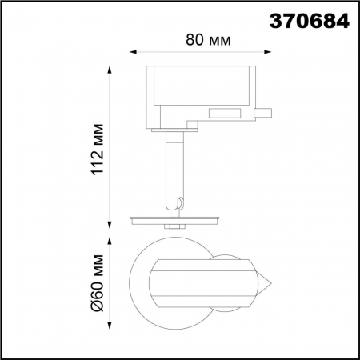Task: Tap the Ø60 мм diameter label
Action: click(98, 283)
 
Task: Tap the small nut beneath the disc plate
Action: click(174, 227)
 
